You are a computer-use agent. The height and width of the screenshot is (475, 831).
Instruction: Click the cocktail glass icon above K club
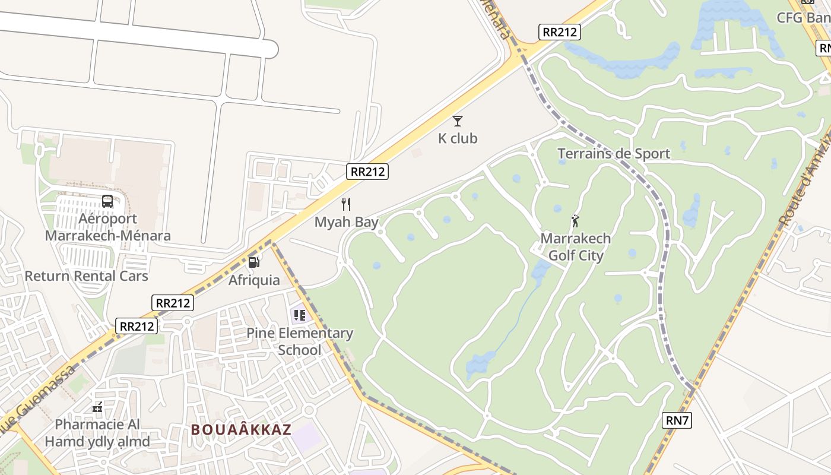coord(458,121)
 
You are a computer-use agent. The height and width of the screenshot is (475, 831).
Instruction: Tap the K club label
coord(458,138)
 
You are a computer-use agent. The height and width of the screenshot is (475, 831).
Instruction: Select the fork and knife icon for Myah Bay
coord(346,204)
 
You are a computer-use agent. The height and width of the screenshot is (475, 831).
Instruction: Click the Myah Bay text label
coord(346,222)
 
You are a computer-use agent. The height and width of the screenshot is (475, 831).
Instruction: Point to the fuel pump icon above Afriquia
coord(253,262)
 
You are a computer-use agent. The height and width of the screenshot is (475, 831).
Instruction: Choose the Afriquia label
coord(254,280)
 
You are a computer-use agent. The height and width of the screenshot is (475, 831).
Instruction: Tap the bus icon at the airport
coord(107,201)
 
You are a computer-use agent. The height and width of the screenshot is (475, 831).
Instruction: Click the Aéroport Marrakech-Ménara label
coord(108,227)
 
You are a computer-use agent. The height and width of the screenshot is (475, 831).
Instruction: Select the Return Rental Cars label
coord(86,276)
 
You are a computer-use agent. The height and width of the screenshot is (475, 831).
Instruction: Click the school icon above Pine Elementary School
coord(299,315)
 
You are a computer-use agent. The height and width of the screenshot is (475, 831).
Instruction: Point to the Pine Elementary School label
coord(300,341)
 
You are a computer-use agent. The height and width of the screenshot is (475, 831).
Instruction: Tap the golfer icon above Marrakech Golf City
coord(575,221)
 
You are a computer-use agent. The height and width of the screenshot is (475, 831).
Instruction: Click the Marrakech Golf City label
coord(575,247)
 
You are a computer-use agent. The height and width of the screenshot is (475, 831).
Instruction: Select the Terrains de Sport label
coord(614,154)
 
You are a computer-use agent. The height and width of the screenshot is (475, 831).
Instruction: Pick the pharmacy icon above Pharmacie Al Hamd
coord(97,408)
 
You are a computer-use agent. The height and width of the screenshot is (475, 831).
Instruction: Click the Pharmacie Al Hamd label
coord(97,433)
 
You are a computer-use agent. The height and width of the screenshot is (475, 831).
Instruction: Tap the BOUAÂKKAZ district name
coord(241,429)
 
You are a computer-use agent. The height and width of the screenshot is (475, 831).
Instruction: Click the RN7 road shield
coord(677,421)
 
